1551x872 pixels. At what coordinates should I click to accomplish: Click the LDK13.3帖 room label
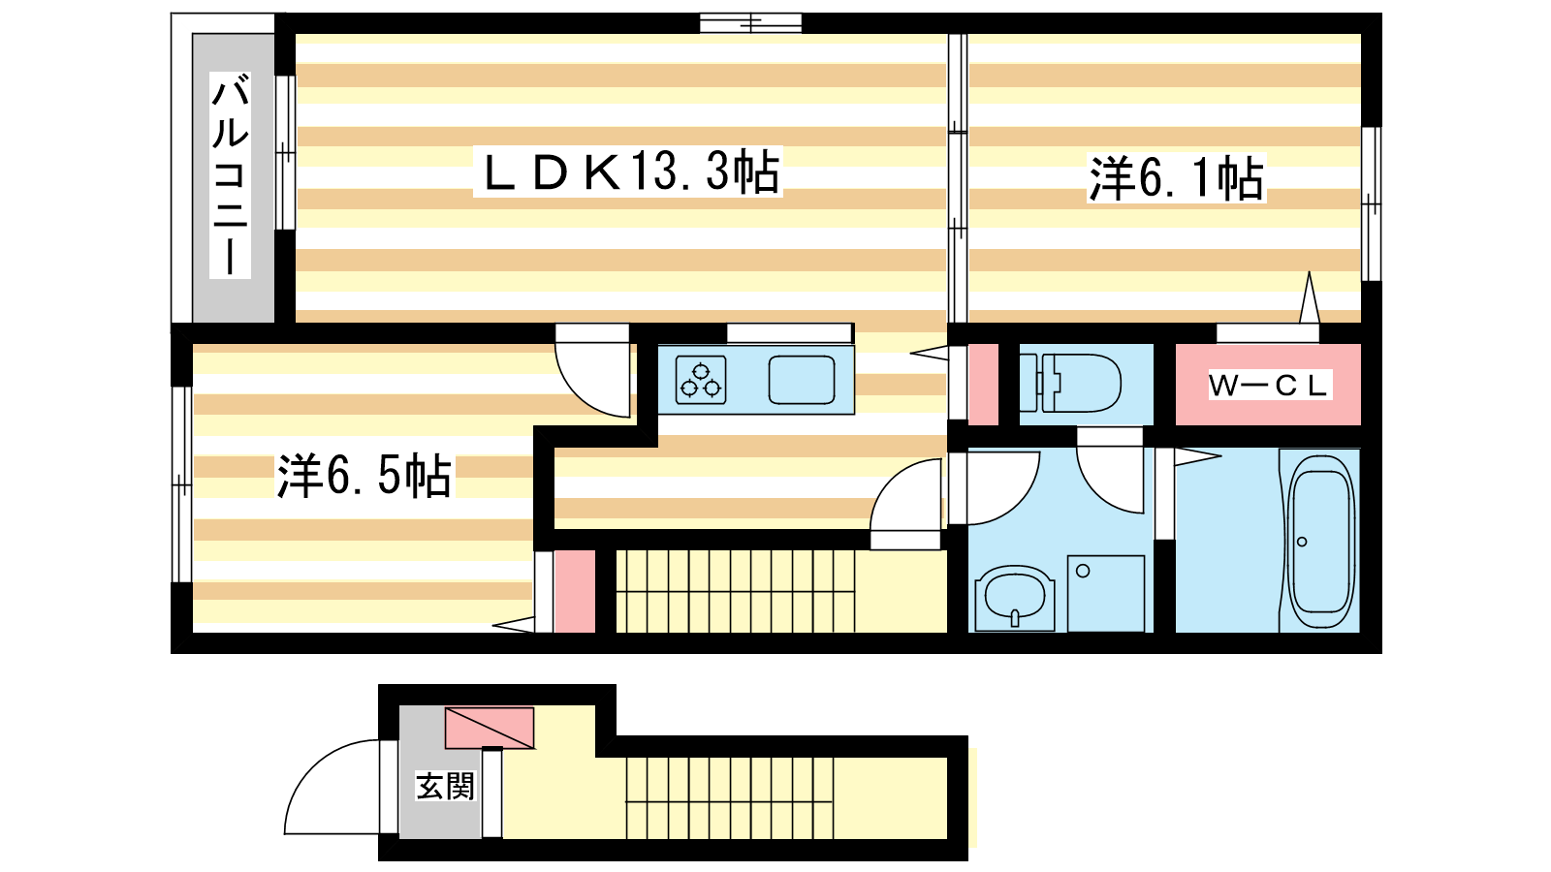[628, 171]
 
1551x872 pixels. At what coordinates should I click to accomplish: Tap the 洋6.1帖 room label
[1177, 178]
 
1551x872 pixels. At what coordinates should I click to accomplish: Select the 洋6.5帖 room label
[364, 476]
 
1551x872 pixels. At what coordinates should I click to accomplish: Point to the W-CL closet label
[1269, 385]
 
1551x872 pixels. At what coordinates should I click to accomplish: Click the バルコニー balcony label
[230, 175]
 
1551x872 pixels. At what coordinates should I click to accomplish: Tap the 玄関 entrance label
[445, 786]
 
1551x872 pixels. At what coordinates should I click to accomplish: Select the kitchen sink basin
[801, 380]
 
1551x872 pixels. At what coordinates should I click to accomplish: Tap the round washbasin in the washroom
[1015, 598]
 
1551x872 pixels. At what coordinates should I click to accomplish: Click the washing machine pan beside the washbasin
[1105, 593]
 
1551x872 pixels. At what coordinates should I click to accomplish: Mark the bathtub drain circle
[1302, 542]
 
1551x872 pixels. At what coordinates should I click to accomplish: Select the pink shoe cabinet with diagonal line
[489, 728]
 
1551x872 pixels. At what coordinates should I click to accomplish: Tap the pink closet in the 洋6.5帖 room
[575, 591]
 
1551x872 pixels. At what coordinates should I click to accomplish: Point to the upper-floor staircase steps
[736, 591]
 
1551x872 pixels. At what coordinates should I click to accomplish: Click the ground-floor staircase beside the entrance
[730, 798]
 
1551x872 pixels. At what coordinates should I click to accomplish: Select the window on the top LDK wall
[750, 23]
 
